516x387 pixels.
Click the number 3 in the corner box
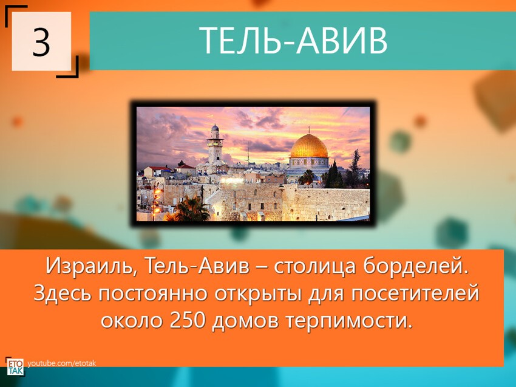[x=41, y=42]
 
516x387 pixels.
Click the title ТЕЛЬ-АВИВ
[x=293, y=41]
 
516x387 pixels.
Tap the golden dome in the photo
[x=308, y=147]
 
